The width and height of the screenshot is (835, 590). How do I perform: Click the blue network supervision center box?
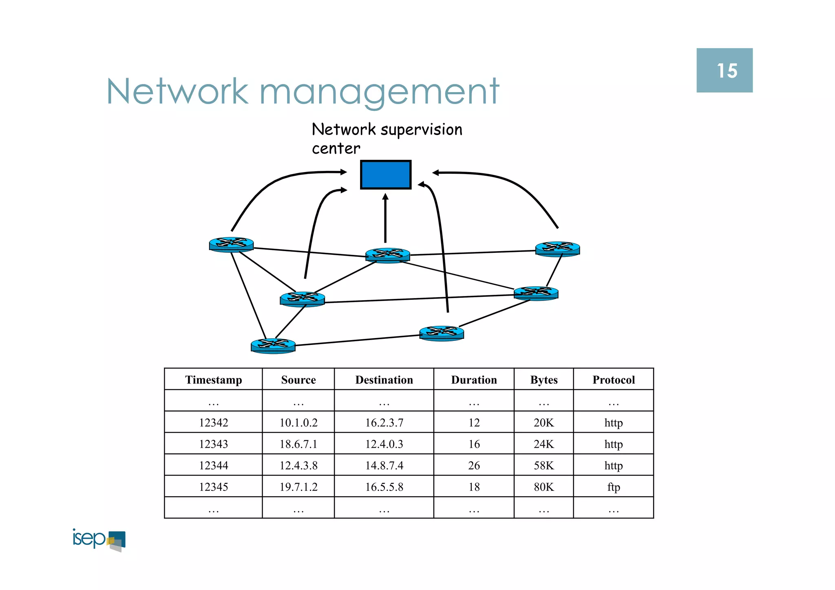pos(385,175)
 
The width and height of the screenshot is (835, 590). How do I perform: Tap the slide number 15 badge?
pos(724,71)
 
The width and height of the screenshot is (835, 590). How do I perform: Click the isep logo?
pos(99,540)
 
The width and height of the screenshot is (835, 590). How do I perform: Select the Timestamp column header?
pos(213,380)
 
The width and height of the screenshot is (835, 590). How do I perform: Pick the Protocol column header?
pos(613,380)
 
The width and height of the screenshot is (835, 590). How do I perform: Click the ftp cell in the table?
pos(613,487)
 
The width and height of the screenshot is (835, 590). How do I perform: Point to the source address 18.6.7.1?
pos(298,444)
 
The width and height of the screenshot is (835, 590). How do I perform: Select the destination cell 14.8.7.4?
pos(384,466)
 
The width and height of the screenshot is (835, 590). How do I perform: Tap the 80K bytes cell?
pos(543,487)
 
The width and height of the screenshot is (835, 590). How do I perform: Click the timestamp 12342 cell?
pos(213,423)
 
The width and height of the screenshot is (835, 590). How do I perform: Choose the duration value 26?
pos(474,466)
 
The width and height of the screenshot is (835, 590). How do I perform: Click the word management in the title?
pos(379,92)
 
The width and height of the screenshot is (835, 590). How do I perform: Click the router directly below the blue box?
pos(387,255)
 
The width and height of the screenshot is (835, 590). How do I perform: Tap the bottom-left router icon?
pos(273,346)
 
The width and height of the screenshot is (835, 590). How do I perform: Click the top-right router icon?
pos(557,249)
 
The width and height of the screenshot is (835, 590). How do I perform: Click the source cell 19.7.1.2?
pos(298,487)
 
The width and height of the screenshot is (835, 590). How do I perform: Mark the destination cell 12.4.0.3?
pos(384,444)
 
